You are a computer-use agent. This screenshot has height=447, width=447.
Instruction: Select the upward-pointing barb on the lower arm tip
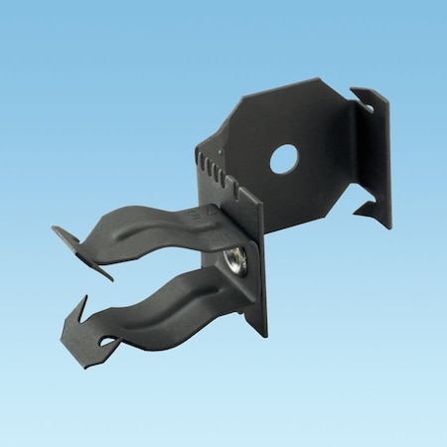click(x=83, y=304)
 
